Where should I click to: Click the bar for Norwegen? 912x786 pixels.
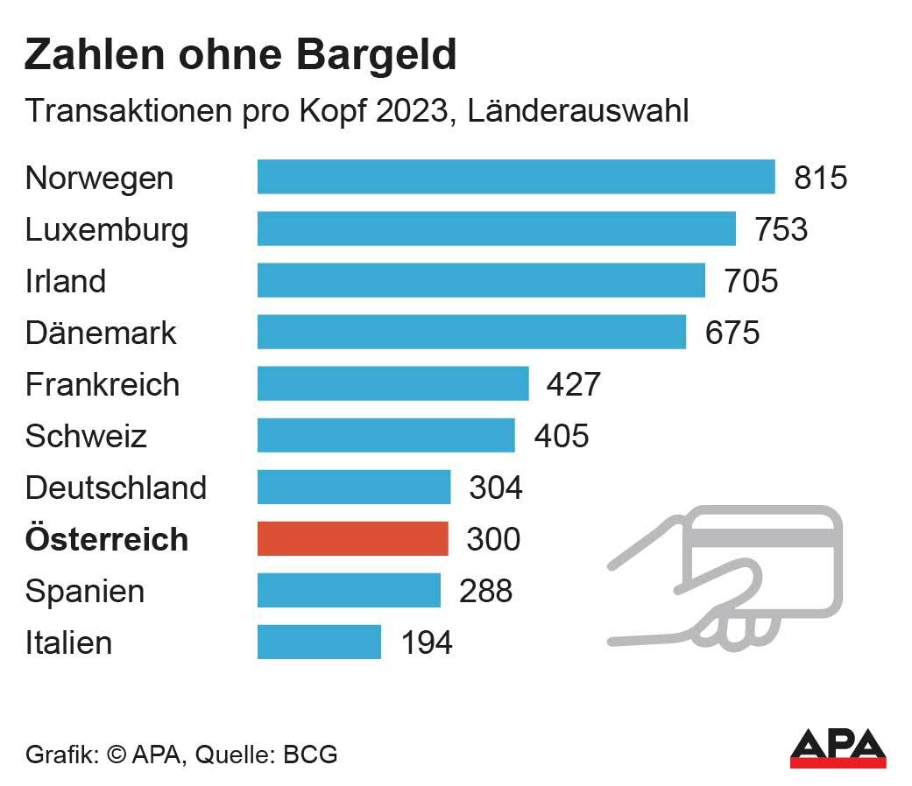515,177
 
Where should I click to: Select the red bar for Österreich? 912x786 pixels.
352,539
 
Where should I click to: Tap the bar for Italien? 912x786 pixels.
319,642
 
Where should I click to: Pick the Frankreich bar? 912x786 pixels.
392,384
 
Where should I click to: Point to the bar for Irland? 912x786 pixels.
480,281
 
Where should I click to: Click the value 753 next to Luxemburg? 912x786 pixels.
781,229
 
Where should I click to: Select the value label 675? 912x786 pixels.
733,333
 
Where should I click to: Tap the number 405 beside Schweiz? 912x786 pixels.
562,436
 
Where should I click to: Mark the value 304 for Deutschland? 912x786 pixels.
496,488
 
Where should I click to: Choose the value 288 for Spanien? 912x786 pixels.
486,591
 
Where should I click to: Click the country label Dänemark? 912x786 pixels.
101,333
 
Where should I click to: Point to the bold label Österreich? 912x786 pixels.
107,539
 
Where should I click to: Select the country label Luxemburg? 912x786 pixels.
107,230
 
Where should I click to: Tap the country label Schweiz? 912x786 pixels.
86,436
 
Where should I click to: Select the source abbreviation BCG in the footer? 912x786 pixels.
310,754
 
